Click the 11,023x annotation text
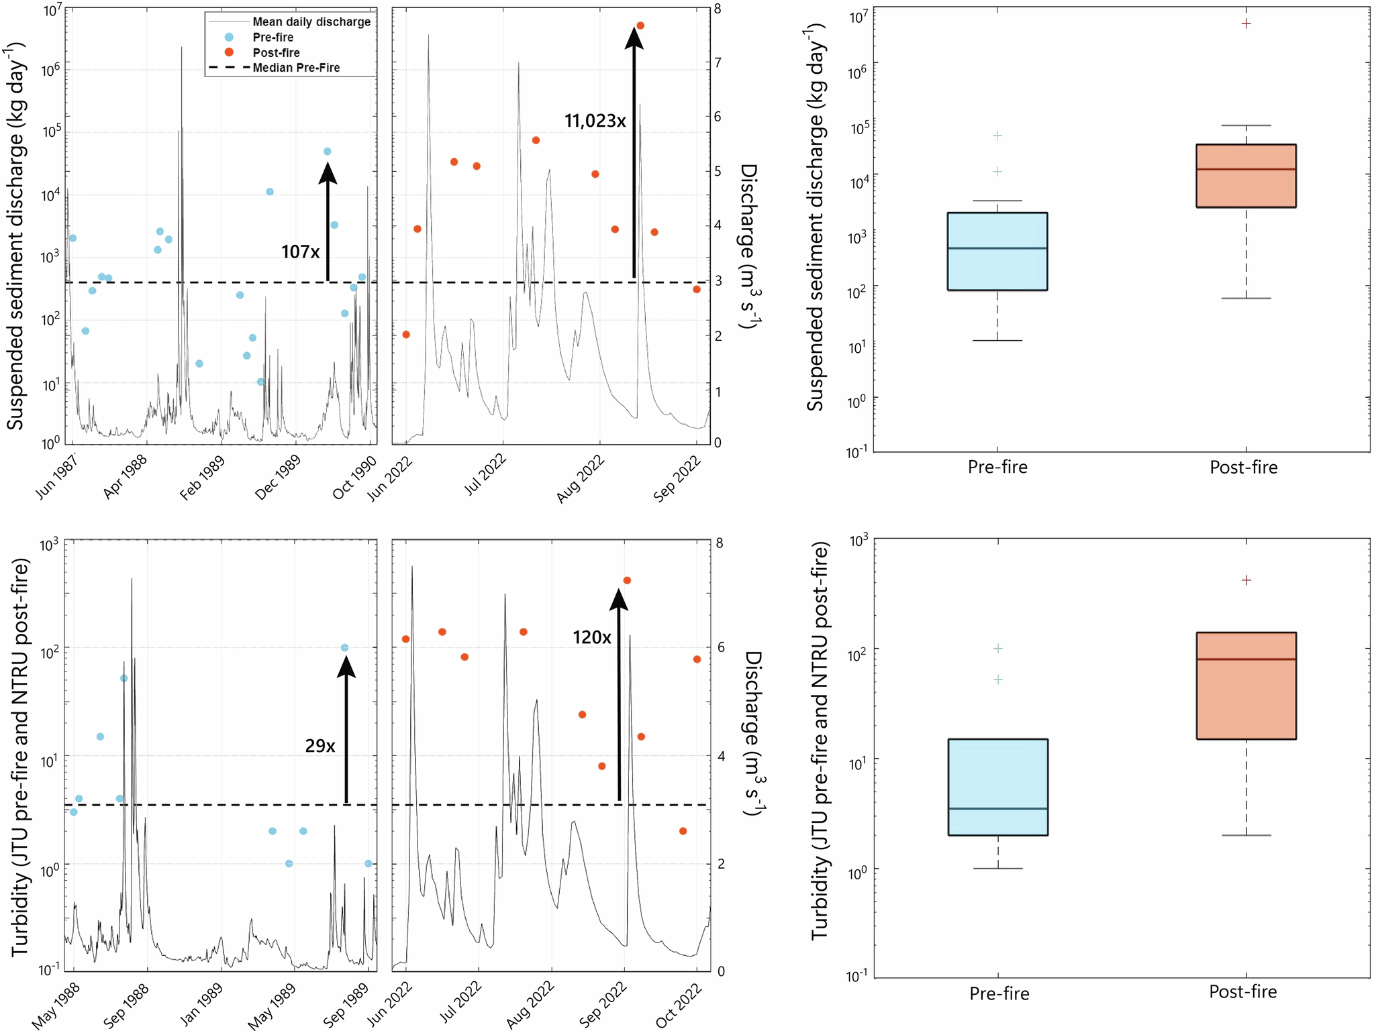pos(595,121)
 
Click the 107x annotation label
pos(300,252)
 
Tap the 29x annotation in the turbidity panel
pos(320,745)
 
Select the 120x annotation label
pos(591,637)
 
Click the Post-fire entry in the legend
pos(276,52)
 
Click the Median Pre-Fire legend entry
pos(296,68)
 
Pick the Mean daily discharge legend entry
pos(311,21)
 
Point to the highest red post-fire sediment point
pos(640,25)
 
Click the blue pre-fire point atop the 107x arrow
pos(328,152)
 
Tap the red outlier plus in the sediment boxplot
pos(1246,23)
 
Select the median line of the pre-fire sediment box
pos(997,248)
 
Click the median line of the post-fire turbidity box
pos(1246,659)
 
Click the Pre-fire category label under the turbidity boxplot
pos(999,993)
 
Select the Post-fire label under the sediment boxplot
pos(1243,468)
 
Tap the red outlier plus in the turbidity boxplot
pos(1246,580)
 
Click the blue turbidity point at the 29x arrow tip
pos(344,648)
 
